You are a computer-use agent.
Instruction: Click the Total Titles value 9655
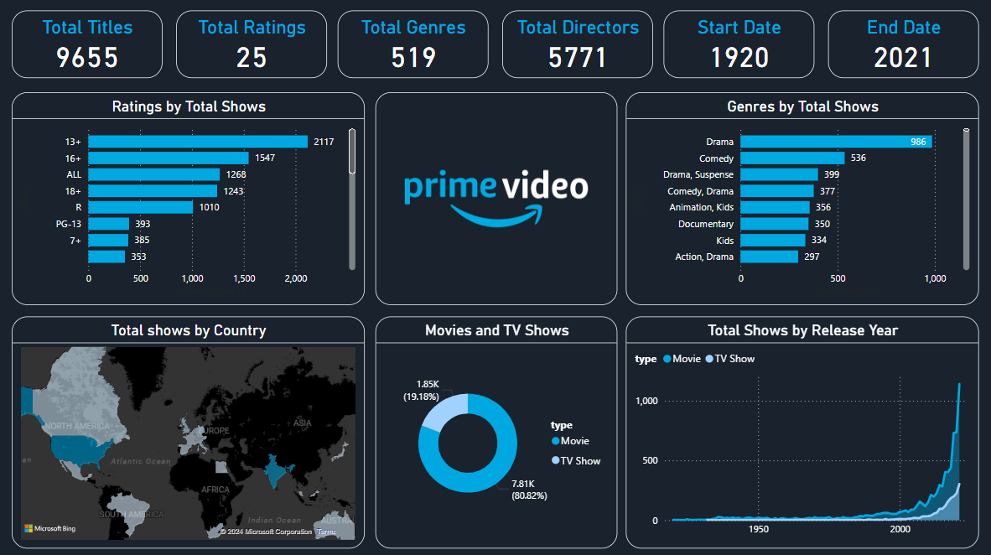pyautogui.click(x=87, y=57)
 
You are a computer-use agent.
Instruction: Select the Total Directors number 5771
pyautogui.click(x=578, y=57)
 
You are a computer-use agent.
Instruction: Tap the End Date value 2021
pyautogui.click(x=903, y=57)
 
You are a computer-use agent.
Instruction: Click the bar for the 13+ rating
pyautogui.click(x=198, y=142)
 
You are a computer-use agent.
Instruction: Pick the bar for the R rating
pyautogui.click(x=141, y=207)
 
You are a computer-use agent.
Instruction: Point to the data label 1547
pyautogui.click(x=265, y=158)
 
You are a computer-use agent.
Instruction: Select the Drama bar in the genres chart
pyautogui.click(x=835, y=142)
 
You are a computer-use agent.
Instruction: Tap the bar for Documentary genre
pyautogui.click(x=774, y=224)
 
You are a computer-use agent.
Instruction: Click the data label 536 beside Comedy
pyautogui.click(x=858, y=158)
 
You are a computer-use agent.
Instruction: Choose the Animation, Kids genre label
pyautogui.click(x=701, y=207)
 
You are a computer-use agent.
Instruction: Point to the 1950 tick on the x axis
pyautogui.click(x=759, y=529)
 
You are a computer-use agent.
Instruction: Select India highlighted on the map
pyautogui.click(x=272, y=471)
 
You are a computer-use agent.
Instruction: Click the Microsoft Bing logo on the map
pyautogui.click(x=49, y=528)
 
